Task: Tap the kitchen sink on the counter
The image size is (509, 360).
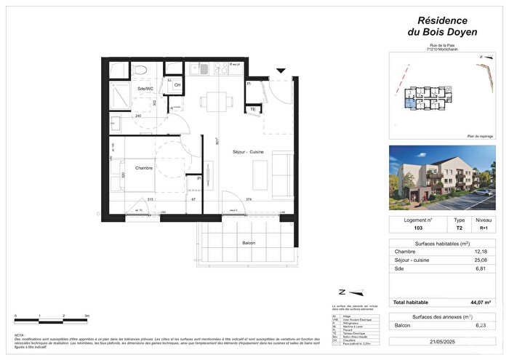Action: tap(199, 69)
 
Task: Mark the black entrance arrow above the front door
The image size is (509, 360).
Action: tap(281, 71)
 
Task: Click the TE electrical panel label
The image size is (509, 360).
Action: tap(253, 110)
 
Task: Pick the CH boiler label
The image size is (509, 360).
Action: tap(176, 84)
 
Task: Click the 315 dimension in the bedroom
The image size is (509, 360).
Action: tap(150, 198)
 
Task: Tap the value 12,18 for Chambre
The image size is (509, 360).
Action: tap(479, 252)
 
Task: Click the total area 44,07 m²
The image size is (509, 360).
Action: tap(477, 302)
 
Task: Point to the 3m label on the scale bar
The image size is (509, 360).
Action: tap(87, 316)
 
